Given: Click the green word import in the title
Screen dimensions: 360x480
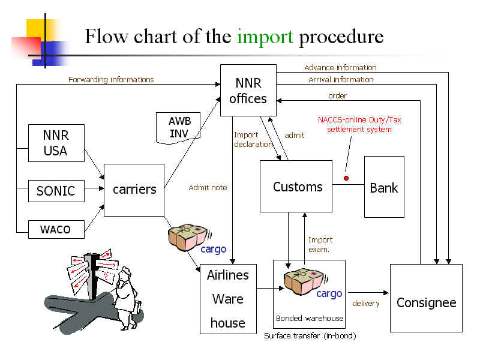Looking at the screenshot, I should point(265,37).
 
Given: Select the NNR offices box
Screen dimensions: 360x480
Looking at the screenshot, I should point(248,90).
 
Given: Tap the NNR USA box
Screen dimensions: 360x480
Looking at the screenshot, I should point(56,143).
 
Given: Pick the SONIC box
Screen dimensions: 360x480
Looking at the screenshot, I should point(56,191).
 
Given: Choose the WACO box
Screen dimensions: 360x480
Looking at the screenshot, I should point(56,229).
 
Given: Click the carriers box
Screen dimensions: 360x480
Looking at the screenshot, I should point(134,190).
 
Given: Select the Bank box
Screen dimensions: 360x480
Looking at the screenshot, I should point(384,187).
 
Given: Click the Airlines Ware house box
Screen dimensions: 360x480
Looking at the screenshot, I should point(228,299).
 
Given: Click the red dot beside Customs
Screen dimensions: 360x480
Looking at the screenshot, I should point(346,178).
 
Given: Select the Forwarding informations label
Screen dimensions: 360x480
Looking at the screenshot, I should point(111,79).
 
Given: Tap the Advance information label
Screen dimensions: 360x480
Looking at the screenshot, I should point(340,68).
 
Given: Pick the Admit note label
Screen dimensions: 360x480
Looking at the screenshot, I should point(208,188).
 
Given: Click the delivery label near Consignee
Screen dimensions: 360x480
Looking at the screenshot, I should point(365,304).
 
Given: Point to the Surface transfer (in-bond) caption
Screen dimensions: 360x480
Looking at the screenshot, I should point(310,336).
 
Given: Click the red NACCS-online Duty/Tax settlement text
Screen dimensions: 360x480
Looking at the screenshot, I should point(359,125).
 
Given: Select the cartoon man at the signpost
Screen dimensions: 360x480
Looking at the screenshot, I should point(127,294).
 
